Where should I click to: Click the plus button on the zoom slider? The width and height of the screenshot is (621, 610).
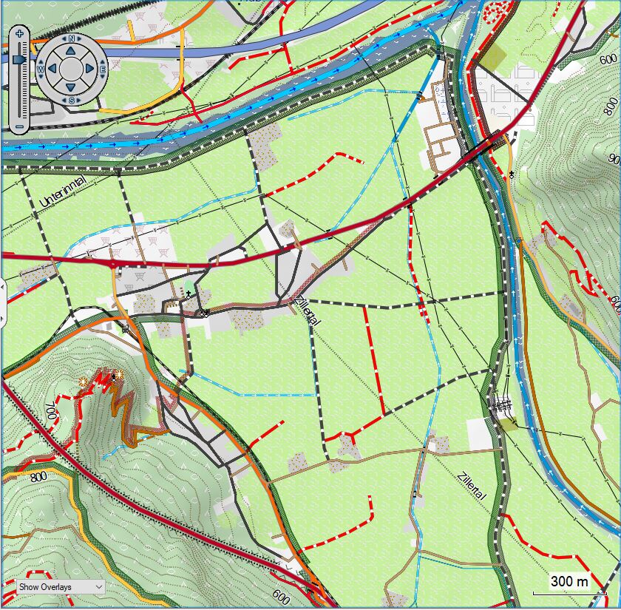click(19, 33)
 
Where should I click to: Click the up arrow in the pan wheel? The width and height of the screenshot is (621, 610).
click(70, 50)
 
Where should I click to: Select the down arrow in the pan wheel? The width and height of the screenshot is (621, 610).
click(70, 87)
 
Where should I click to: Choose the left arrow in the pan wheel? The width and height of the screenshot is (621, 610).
click(51, 69)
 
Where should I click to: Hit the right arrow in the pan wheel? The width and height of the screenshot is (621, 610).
click(89, 69)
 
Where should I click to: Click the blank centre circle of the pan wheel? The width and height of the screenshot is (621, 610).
click(70, 69)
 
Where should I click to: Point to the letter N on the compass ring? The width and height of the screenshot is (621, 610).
click(71, 38)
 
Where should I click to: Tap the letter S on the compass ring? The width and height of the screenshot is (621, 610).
click(71, 100)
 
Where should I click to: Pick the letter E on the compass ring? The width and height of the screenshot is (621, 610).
click(102, 69)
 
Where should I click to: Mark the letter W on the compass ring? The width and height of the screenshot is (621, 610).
click(39, 69)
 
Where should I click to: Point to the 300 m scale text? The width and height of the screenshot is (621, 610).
click(570, 582)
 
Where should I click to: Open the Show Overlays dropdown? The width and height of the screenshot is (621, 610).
click(61, 586)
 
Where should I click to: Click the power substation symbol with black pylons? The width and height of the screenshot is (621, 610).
click(500, 404)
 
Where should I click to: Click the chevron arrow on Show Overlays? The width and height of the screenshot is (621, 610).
click(98, 586)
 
